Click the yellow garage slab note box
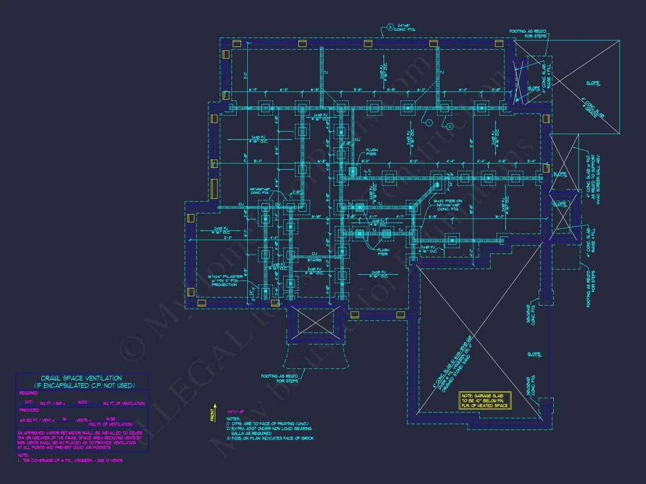485,401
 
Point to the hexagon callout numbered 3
389,27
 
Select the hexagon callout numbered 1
429,123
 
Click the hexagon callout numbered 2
449,126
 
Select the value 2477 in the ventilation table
28,403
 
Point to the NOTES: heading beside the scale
233,419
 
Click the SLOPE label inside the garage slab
534,354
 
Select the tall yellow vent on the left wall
213,189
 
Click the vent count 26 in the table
64,419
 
